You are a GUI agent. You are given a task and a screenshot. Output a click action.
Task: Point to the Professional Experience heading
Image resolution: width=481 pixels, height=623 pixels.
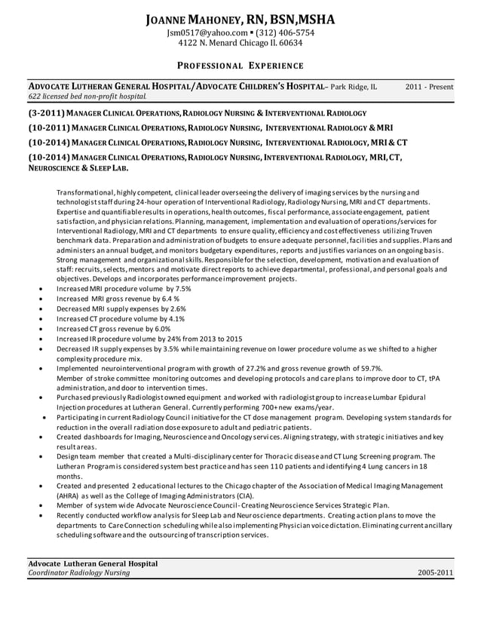click(x=240, y=66)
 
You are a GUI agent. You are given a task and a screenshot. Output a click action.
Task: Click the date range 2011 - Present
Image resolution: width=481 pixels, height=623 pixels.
click(x=429, y=87)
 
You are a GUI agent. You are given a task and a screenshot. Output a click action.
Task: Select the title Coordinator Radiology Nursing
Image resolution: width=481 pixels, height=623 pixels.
click(x=78, y=573)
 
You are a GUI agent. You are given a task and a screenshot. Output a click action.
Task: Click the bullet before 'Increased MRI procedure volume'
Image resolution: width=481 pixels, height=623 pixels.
click(x=39, y=289)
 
